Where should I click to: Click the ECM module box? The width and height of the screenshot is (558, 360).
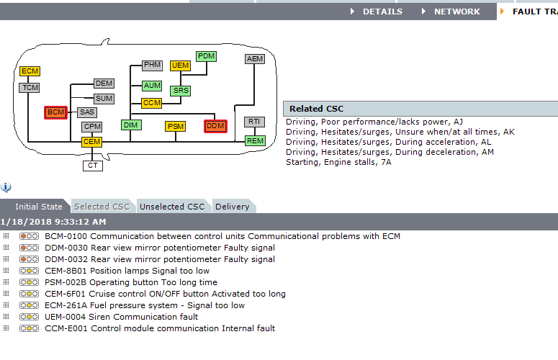30,71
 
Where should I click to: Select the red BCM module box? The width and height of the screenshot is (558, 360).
55,112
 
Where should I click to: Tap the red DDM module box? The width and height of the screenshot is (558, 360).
215,126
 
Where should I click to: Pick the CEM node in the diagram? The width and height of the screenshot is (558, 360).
91,142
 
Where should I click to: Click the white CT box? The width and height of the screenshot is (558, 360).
91,165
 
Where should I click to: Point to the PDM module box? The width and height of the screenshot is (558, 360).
206,56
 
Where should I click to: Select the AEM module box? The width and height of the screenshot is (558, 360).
255,59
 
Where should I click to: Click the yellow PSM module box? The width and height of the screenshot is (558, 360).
175,127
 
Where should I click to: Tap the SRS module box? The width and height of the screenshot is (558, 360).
180,91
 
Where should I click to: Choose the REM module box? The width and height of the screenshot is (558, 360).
255,140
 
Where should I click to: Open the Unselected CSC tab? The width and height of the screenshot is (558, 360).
172,207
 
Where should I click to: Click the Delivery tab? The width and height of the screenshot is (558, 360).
232,207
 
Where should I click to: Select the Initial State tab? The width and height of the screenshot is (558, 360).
37,207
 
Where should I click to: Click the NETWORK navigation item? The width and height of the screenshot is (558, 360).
456,12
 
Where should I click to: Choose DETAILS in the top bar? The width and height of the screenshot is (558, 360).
382,12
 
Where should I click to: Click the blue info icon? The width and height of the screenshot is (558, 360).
6,188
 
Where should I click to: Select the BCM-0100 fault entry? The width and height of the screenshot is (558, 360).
222,236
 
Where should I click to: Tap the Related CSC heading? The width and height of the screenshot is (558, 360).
316,109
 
